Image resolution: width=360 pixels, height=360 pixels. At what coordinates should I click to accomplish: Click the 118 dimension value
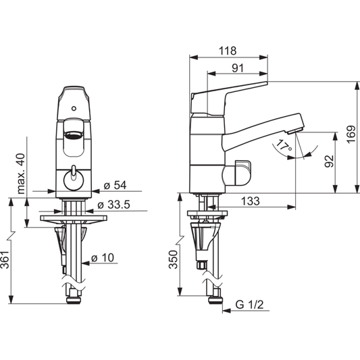click(x=228, y=51)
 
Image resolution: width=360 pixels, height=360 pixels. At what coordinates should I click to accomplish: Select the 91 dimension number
click(x=238, y=68)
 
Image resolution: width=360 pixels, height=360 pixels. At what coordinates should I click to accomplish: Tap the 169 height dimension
click(x=351, y=135)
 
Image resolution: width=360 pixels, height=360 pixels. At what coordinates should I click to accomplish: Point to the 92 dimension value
click(x=329, y=161)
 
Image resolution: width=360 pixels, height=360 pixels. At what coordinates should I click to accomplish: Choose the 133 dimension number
click(x=251, y=201)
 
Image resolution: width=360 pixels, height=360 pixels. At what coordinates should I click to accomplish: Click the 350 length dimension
click(x=173, y=259)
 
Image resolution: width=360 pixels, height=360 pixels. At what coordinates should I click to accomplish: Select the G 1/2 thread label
click(x=249, y=305)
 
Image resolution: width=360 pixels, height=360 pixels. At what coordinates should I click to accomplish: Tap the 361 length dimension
click(x=5, y=259)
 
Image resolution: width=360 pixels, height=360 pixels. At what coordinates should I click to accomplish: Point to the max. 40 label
click(x=21, y=174)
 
